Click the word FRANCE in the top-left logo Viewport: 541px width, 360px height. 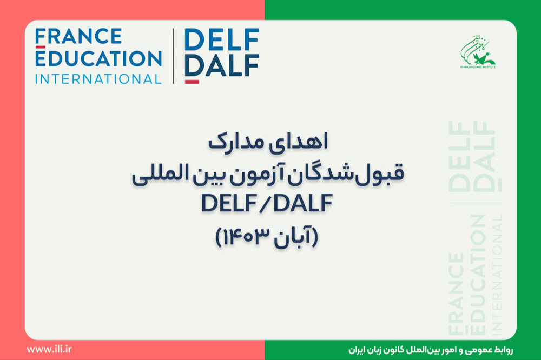[x=78, y=37]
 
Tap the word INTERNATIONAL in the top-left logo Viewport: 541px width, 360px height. [x=98, y=79]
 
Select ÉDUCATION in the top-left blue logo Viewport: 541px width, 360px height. [x=98, y=58]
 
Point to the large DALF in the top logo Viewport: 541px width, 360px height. [x=222, y=65]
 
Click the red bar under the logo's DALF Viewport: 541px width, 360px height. [x=192, y=82]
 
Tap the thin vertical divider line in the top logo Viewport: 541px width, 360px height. [x=173, y=56]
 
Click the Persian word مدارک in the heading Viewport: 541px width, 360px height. [x=235, y=143]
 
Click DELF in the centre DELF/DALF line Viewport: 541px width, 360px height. [x=229, y=203]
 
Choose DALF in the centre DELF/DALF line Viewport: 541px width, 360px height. [x=303, y=203]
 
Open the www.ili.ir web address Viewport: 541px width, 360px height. [x=49, y=349]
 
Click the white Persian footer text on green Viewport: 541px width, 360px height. [x=431, y=350]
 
